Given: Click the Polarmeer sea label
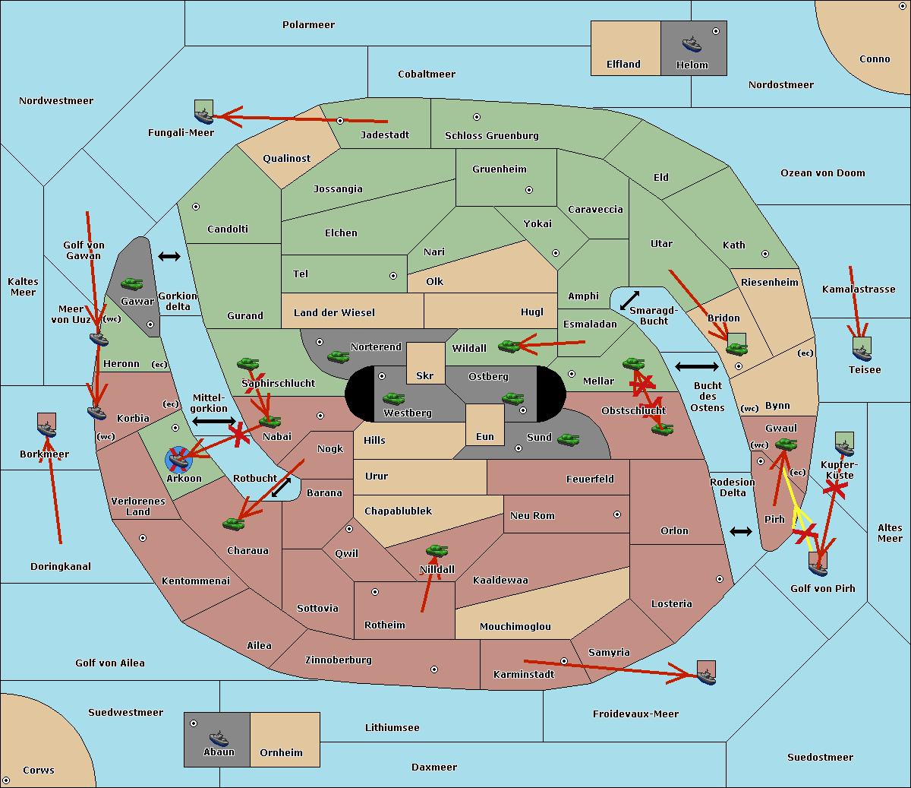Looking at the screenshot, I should click(x=308, y=25).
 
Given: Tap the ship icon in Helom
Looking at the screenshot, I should click(x=692, y=44).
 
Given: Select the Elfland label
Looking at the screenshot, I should click(x=623, y=65).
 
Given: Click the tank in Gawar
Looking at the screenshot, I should click(x=132, y=284).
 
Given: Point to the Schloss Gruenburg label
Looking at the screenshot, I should click(x=491, y=136).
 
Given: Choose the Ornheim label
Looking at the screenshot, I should click(x=281, y=753).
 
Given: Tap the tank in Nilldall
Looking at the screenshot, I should click(x=437, y=551).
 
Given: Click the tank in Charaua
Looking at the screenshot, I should click(x=234, y=524).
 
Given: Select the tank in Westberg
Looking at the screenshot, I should click(x=393, y=398).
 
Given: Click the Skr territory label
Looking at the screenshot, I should click(x=424, y=376).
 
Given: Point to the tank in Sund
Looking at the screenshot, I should click(x=569, y=438).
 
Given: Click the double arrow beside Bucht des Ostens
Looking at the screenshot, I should click(x=696, y=367).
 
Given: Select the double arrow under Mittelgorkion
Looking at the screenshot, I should click(x=213, y=421).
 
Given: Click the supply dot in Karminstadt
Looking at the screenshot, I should click(x=564, y=661).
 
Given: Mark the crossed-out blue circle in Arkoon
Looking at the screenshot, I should click(x=179, y=458).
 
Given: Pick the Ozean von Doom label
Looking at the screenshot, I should click(x=822, y=173).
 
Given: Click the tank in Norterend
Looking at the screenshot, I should click(x=338, y=356).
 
